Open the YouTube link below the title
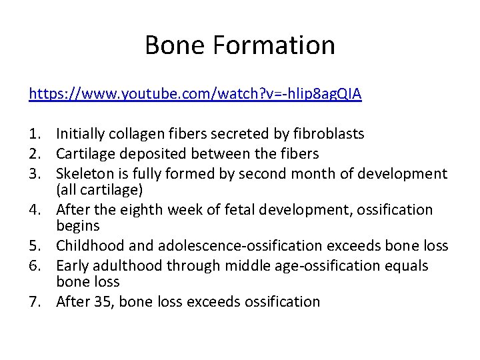coord(195,93)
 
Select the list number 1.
coord(35,134)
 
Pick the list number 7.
coord(35,302)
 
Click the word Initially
coord(82,134)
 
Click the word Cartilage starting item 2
coord(85,154)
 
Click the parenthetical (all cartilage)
coord(99,190)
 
